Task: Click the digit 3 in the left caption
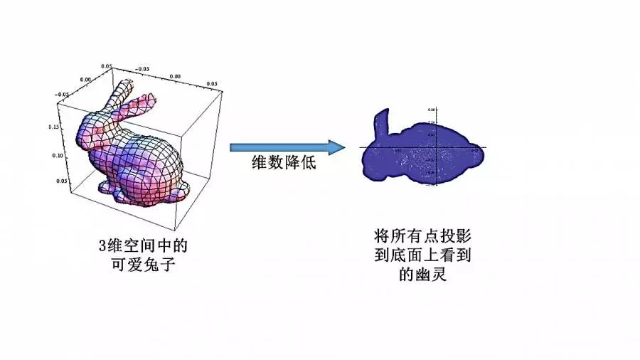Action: [x=102, y=246]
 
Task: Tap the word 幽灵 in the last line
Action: [x=431, y=273]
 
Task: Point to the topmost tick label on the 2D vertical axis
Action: [x=431, y=110]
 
